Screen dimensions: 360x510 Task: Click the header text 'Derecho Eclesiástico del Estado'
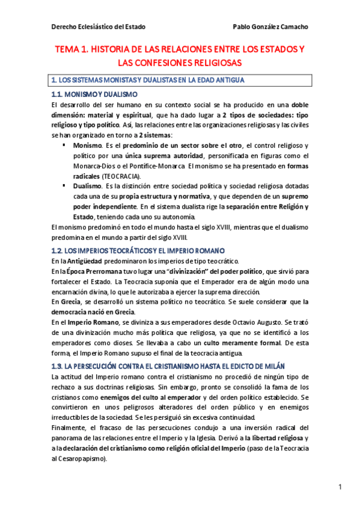(99, 28)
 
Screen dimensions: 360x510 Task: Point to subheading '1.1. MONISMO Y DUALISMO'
(94, 95)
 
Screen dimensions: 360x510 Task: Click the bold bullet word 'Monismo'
(87, 146)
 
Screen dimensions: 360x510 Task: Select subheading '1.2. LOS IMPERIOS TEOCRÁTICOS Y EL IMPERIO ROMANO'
(138, 250)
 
